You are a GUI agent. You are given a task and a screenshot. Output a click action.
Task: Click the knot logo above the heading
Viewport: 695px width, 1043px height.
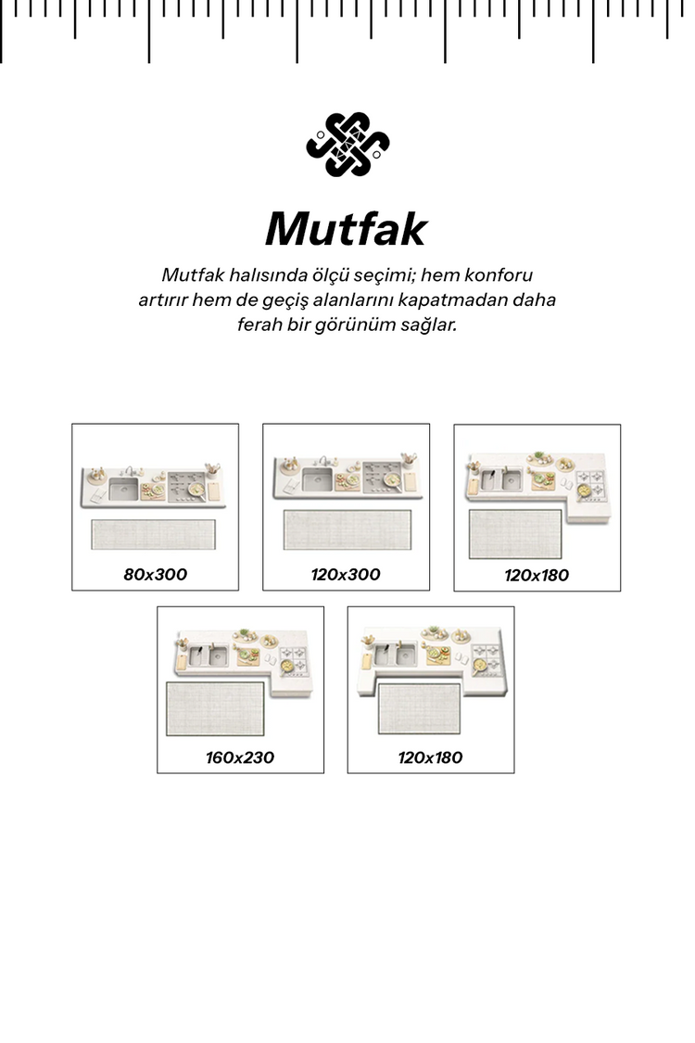(x=347, y=144)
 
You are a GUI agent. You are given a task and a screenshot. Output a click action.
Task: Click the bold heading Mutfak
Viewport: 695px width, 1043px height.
(x=347, y=229)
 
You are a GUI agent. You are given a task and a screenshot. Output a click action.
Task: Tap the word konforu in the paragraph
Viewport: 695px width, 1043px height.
(x=499, y=275)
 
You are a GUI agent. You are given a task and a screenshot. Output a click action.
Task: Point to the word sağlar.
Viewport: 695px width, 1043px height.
(x=428, y=326)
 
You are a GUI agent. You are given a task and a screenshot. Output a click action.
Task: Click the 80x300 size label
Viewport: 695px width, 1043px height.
(x=155, y=575)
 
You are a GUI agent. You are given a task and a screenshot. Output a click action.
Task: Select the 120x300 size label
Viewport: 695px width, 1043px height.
(x=346, y=575)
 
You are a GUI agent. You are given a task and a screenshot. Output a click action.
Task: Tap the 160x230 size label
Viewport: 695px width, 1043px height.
(x=240, y=757)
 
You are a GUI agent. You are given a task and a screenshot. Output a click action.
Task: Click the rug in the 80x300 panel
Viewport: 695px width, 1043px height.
(x=154, y=536)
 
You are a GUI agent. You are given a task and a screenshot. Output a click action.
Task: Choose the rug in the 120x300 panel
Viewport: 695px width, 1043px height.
(x=345, y=529)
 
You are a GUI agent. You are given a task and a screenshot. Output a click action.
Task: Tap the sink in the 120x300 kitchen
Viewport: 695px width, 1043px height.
(x=316, y=479)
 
